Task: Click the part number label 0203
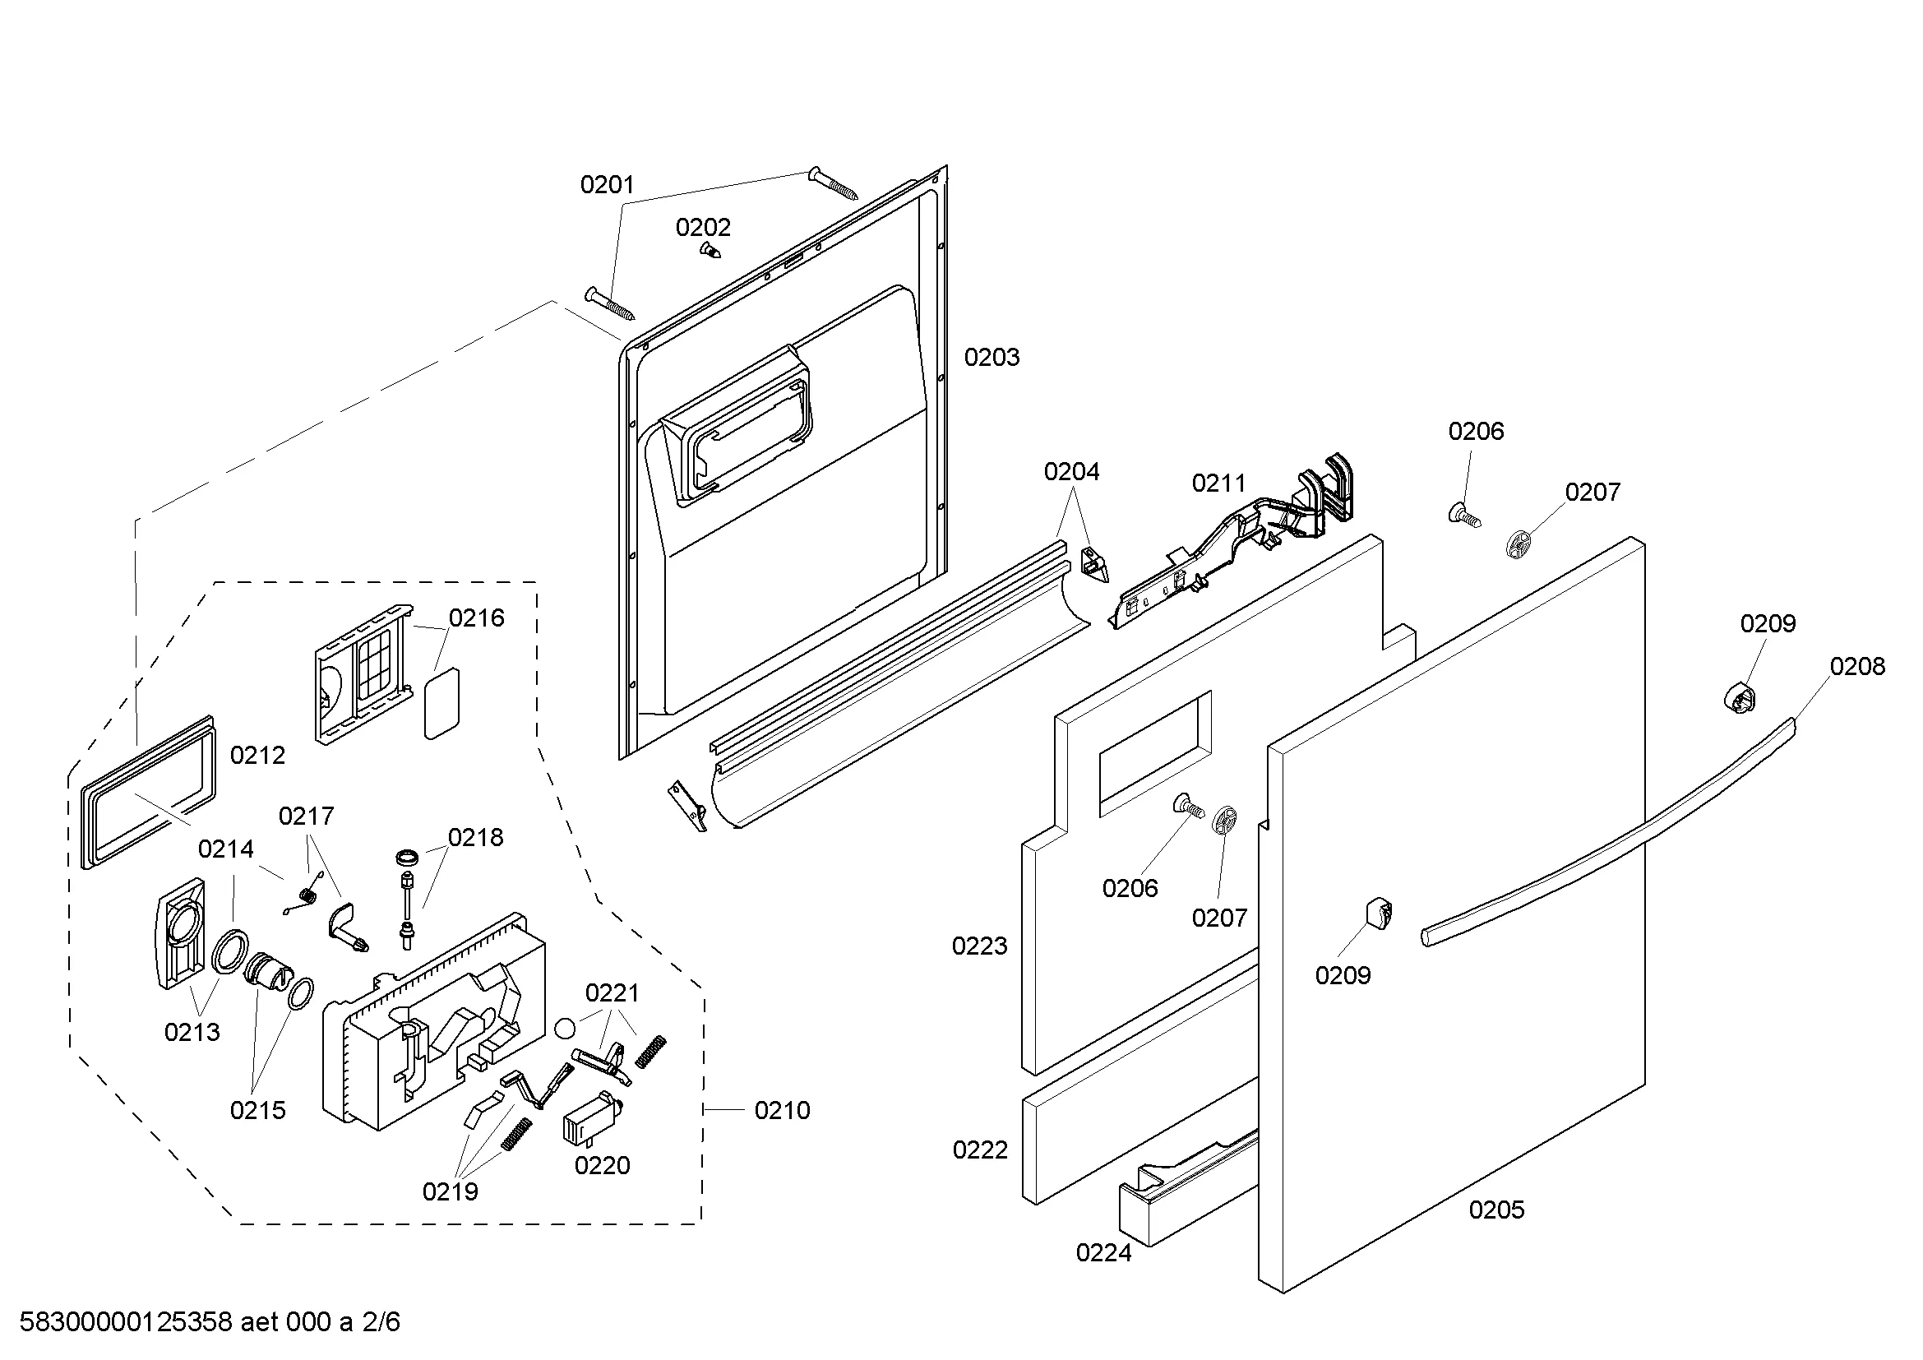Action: point(992,358)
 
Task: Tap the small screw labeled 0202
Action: point(710,250)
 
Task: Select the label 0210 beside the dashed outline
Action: point(782,1110)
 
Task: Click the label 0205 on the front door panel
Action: point(1496,1210)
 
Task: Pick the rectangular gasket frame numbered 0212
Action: point(148,792)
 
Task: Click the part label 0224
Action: point(1104,1253)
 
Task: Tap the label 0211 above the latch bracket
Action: point(1218,483)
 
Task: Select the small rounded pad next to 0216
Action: point(442,704)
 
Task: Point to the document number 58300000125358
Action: point(126,1322)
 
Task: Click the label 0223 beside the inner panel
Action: point(979,946)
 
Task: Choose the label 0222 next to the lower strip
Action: point(980,1150)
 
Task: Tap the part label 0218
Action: point(476,837)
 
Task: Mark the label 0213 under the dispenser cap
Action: point(192,1033)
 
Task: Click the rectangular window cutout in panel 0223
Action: point(1155,754)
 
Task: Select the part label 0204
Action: point(1071,472)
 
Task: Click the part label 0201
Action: point(608,185)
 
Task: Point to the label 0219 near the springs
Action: point(450,1191)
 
